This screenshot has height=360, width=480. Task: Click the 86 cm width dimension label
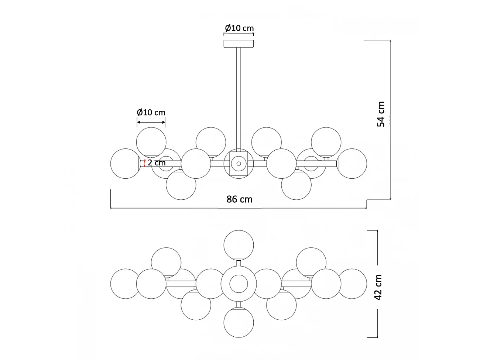click(x=239, y=199)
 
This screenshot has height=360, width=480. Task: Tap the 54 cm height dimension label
click(x=381, y=114)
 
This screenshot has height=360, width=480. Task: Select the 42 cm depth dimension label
click(x=378, y=287)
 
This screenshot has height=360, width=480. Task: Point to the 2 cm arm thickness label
click(x=157, y=162)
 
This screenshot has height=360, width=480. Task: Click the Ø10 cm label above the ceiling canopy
click(x=239, y=28)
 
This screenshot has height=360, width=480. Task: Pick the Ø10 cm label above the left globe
click(x=151, y=112)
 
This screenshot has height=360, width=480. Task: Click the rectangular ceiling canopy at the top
click(x=239, y=44)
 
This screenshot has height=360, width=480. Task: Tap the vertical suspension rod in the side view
click(x=239, y=98)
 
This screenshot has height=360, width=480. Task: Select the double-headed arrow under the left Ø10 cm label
click(x=151, y=122)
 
